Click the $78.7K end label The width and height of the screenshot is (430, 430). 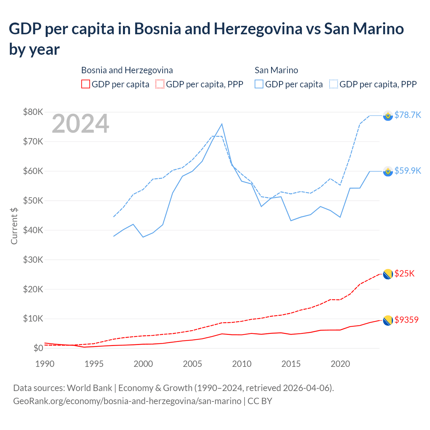407,115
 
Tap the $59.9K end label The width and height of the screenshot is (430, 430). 407,171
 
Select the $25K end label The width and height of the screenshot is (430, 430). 404,273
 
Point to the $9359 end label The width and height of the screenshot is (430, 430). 406,320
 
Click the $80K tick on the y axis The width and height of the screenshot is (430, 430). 33,112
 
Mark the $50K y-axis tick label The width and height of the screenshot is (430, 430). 33,201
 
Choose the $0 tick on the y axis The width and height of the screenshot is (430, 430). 38,348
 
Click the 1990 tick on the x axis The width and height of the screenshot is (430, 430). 45,364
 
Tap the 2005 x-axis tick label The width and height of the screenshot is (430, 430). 192,364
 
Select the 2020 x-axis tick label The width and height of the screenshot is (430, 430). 340,364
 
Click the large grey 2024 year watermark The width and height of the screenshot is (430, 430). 80,124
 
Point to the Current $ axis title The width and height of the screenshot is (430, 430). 14,226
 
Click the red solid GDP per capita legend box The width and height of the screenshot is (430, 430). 86,84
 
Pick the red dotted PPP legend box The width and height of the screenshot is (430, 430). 160,84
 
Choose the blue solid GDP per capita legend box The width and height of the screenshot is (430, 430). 259,84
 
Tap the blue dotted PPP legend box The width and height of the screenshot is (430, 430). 334,84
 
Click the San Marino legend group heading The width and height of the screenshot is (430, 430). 276,70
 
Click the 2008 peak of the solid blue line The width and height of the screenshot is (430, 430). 222,124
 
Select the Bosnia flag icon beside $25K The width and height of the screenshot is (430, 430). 388,274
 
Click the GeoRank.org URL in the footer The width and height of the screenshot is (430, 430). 127,401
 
